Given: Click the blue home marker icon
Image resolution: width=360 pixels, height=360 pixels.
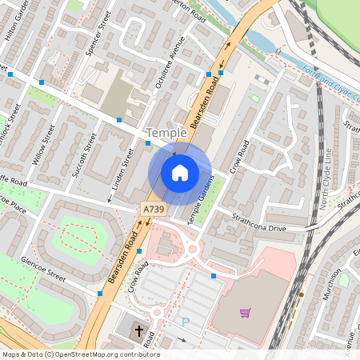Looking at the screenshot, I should point(180,173).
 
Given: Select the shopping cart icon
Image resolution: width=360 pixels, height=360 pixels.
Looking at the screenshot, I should point(246,312).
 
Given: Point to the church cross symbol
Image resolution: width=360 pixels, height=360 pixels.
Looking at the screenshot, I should point(138,330).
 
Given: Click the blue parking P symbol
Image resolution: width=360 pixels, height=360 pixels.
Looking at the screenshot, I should point(186,322).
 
